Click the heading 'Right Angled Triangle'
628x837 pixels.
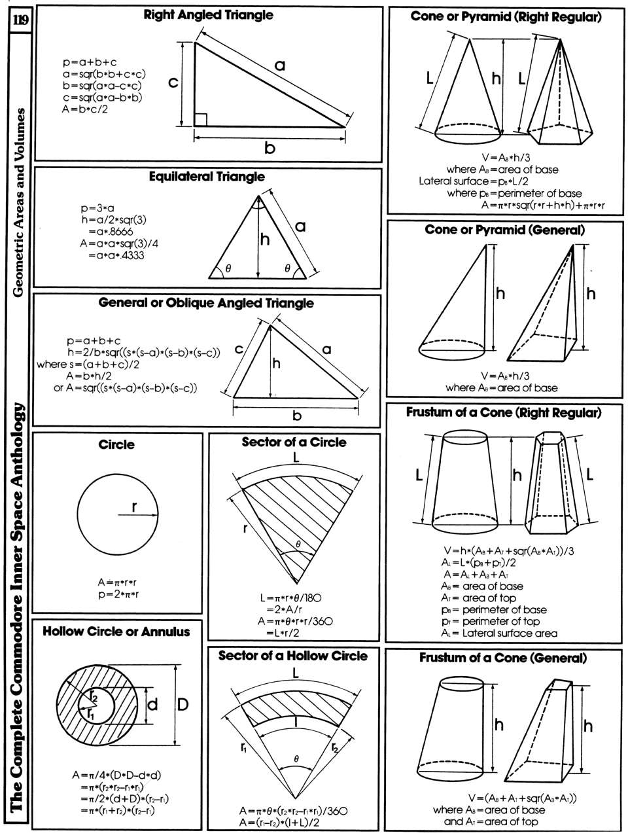[208, 15]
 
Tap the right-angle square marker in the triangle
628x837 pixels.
[201, 119]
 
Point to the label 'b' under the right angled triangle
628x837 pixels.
[270, 148]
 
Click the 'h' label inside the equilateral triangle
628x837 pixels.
[264, 240]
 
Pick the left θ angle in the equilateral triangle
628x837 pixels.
[228, 268]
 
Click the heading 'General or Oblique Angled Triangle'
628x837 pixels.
[206, 304]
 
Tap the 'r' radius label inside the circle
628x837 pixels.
[134, 506]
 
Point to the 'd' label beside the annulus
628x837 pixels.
[152, 705]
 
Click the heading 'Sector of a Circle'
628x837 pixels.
[294, 442]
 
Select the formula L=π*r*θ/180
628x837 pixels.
[290, 597]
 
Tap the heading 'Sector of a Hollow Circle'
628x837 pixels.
[293, 656]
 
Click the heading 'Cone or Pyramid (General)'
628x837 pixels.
[504, 230]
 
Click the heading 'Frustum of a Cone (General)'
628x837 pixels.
[503, 658]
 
